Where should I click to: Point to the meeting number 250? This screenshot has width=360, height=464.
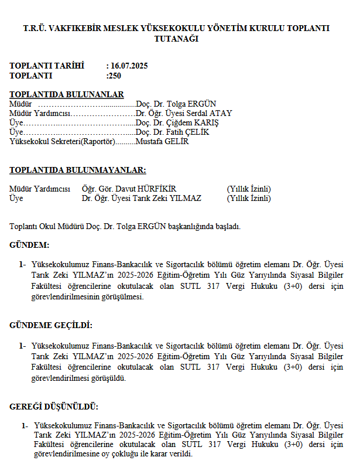click(115, 75)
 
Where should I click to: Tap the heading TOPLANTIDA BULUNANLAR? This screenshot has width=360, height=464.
click(67, 94)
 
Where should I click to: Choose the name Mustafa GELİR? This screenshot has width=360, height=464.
click(162, 141)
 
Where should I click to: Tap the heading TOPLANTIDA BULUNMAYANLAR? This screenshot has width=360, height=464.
click(78, 170)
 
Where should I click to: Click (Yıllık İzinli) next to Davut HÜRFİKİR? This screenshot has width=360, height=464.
click(249, 189)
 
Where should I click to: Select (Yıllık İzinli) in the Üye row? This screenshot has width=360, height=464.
click(249, 198)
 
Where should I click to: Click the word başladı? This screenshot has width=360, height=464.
click(227, 226)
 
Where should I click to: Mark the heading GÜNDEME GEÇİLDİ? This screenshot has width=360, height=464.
click(51, 325)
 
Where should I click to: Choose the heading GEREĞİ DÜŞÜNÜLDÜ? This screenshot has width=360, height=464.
click(54, 407)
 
